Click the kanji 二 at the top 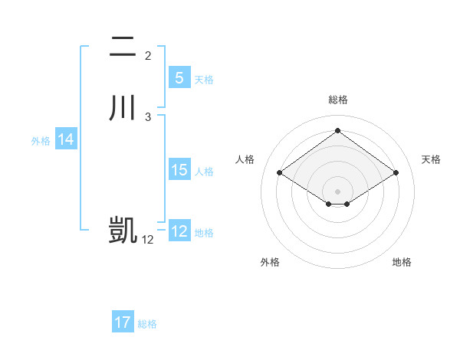point(123,47)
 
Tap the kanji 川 point(123,108)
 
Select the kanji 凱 point(123,230)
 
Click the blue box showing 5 point(179,77)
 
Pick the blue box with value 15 point(179,170)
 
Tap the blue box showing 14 point(66,139)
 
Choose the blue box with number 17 point(123,322)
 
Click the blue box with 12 point(179,231)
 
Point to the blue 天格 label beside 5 point(204,80)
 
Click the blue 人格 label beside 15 point(204,172)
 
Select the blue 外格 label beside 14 point(41,141)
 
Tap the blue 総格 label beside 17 point(147,324)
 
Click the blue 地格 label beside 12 point(204,233)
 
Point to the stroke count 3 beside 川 point(148,117)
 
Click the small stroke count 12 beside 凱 point(148,239)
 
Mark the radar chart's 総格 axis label point(338,100)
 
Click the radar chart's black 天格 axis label point(431,159)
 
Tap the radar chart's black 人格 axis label point(245,159)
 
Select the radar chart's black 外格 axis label point(270,262)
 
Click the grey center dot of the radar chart point(338,191)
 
